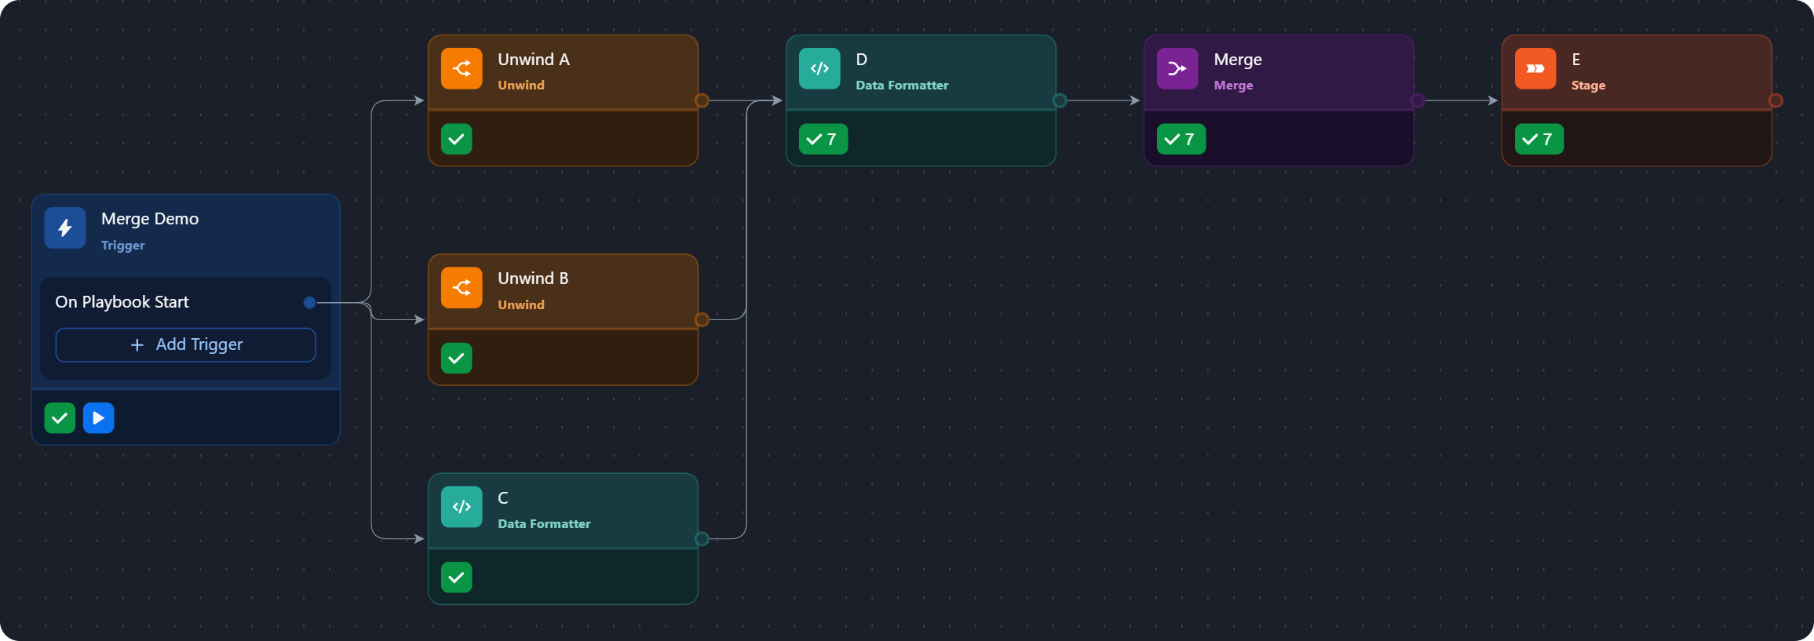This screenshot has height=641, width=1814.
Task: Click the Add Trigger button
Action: tap(185, 345)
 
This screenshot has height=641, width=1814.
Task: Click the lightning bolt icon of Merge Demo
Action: tap(65, 228)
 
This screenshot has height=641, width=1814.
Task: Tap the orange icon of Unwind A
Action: tap(462, 69)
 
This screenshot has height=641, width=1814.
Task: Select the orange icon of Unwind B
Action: tap(462, 288)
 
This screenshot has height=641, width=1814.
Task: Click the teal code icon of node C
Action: tap(462, 507)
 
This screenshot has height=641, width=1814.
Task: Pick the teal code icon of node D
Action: tap(819, 69)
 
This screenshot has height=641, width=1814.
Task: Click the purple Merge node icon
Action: tap(1177, 69)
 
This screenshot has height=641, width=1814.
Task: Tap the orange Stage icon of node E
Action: tap(1535, 69)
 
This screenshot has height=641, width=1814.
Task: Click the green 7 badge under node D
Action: tap(823, 140)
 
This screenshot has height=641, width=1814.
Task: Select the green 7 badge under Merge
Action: tap(1181, 140)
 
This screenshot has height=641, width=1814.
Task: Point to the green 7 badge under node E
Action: tap(1538, 140)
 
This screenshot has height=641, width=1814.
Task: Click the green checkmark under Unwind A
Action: tap(456, 140)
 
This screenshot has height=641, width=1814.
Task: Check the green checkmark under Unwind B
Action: tap(456, 359)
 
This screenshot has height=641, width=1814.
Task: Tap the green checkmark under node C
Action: tap(456, 577)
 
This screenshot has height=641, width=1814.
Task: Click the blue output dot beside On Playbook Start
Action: tap(310, 303)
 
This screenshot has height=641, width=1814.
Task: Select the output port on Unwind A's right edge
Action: tap(702, 100)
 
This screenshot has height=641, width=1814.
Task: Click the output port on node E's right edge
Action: tap(1776, 100)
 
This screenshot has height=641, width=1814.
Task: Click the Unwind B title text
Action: tap(533, 279)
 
